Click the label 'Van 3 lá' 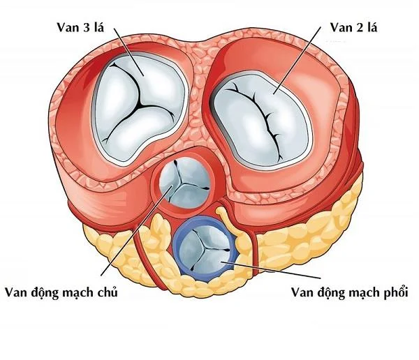coord(80,27)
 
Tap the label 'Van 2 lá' coord(353,27)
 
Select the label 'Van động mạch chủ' coord(61,293)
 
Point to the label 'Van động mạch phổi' coord(350,293)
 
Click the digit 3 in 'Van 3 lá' coord(86,28)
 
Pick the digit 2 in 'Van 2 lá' coord(360,28)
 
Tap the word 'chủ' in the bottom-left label coord(108,293)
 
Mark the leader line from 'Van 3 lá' coord(129,52)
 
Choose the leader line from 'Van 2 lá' coord(297,61)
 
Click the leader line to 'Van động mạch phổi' coord(271,270)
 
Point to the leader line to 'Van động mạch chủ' coord(137,230)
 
